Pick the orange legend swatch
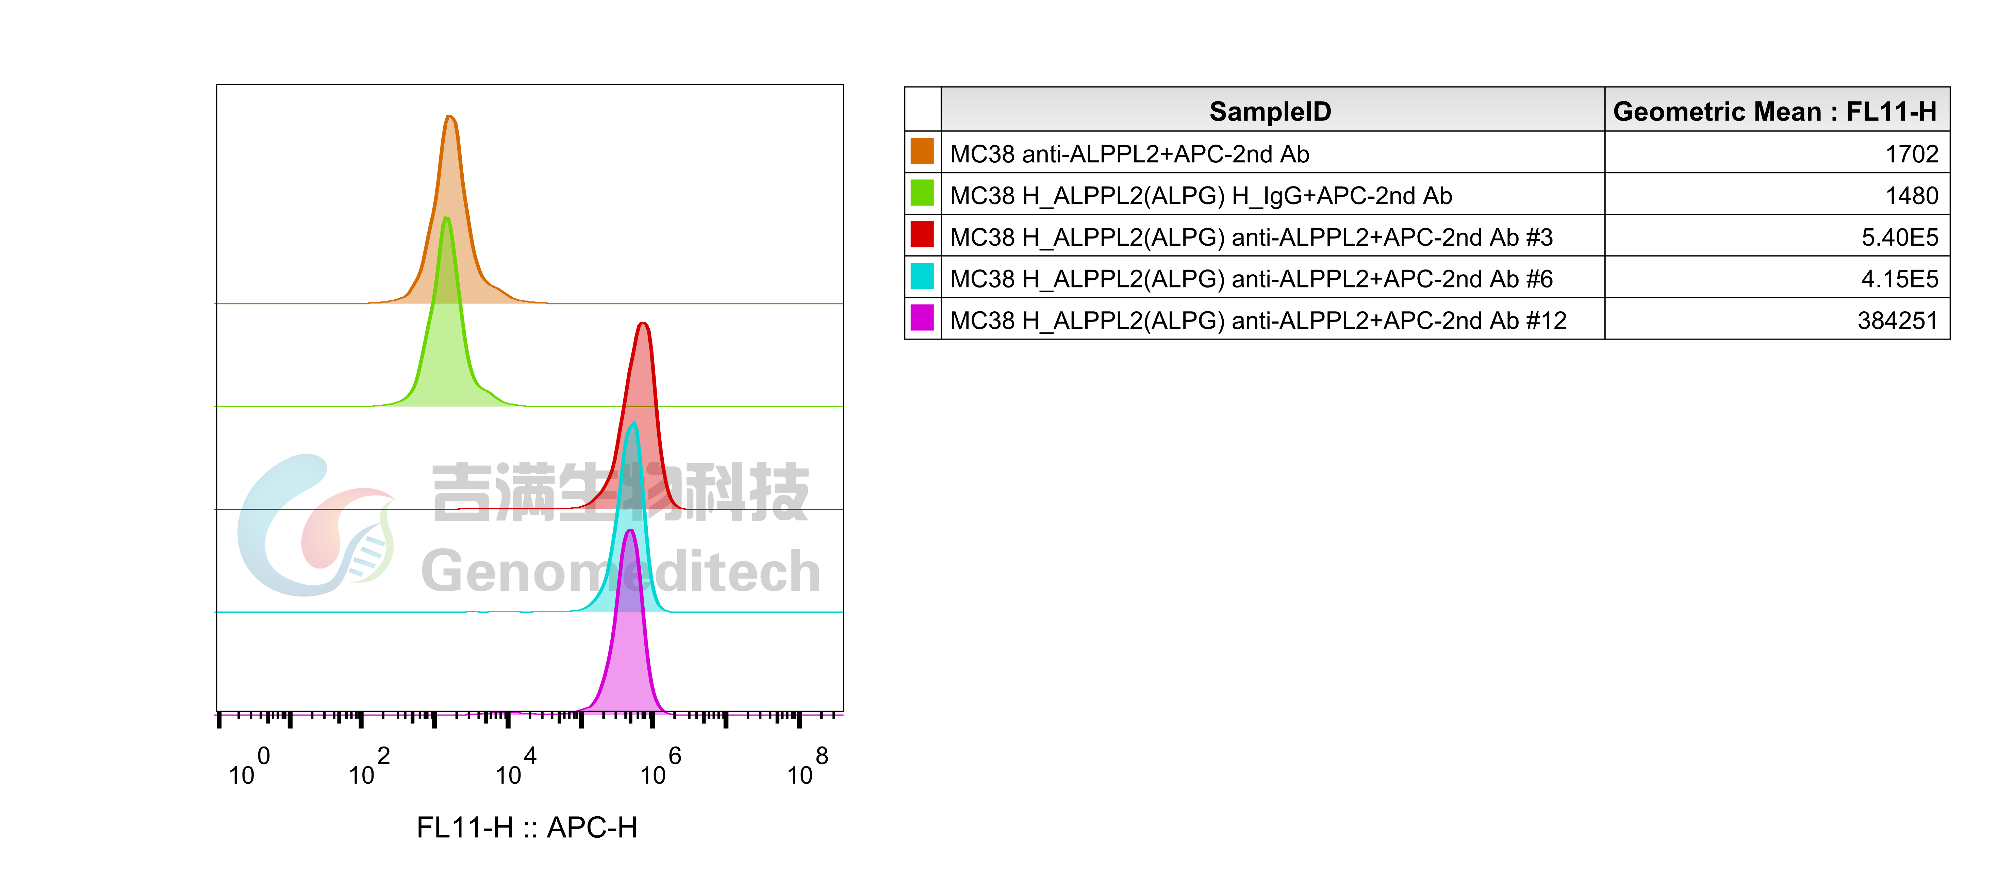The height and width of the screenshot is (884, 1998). point(922,151)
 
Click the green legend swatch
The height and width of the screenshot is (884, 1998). point(922,192)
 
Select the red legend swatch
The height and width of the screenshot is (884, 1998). point(922,234)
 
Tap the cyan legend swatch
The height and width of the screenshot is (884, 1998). point(922,275)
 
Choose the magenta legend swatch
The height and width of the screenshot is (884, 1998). point(922,317)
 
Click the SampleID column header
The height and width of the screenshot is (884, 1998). point(1270,112)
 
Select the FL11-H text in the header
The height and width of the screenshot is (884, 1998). point(1891,112)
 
